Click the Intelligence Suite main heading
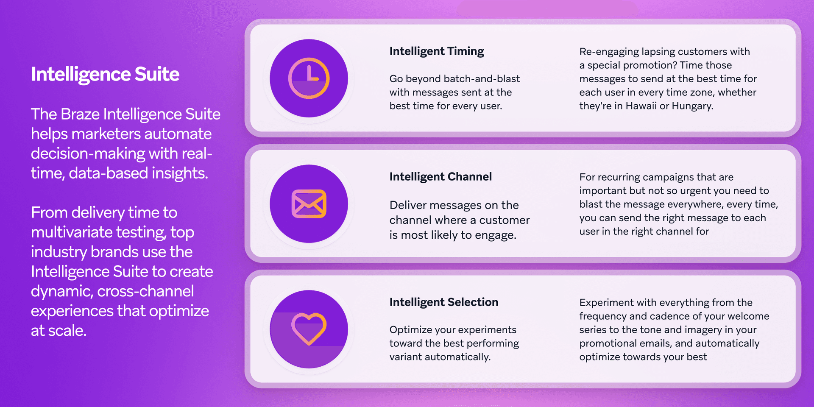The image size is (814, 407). (x=105, y=74)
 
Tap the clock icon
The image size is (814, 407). (x=309, y=78)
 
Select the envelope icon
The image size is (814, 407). (x=309, y=204)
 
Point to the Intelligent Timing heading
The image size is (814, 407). (x=437, y=51)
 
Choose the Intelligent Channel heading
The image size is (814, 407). (x=440, y=177)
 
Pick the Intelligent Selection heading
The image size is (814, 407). (x=444, y=302)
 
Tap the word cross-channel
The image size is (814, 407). (x=145, y=292)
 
